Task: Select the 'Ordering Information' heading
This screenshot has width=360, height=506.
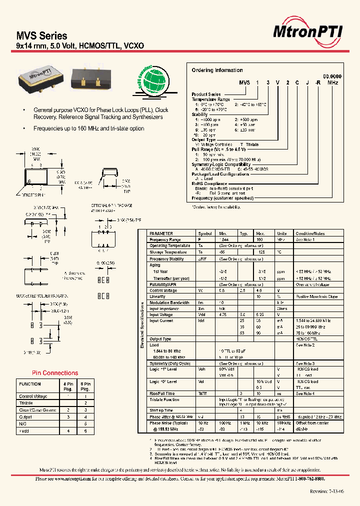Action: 217,70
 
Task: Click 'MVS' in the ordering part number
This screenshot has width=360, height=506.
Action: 244,83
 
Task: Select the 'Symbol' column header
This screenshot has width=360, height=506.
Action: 205,233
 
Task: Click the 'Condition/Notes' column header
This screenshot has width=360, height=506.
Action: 310,233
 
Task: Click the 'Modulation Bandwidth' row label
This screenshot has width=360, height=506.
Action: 169,302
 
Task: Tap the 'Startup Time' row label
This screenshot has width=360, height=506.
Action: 161,410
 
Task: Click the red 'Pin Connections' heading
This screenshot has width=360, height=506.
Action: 55,373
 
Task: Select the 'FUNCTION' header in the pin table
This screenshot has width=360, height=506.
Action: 30,384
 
